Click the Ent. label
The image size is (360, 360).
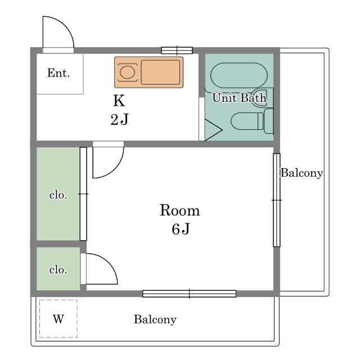tap(58, 73)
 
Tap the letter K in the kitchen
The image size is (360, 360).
tap(119, 101)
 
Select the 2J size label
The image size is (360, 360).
tap(119, 119)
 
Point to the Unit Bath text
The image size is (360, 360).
tap(239, 98)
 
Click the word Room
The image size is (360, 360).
tap(179, 210)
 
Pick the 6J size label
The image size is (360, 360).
tap(181, 229)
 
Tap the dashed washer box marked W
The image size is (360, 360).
tap(58, 319)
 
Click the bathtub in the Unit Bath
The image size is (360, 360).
tap(238, 75)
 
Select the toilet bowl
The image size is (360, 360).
tap(247, 121)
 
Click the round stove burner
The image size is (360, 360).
tap(127, 73)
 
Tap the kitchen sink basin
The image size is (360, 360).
tap(160, 73)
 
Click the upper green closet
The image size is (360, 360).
tap(58, 193)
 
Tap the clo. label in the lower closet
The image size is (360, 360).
tap(58, 269)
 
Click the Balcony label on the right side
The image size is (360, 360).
tap(301, 173)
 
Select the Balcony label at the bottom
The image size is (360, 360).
tap(155, 319)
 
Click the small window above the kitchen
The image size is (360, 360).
tap(177, 51)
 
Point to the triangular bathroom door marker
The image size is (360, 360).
tap(213, 130)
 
